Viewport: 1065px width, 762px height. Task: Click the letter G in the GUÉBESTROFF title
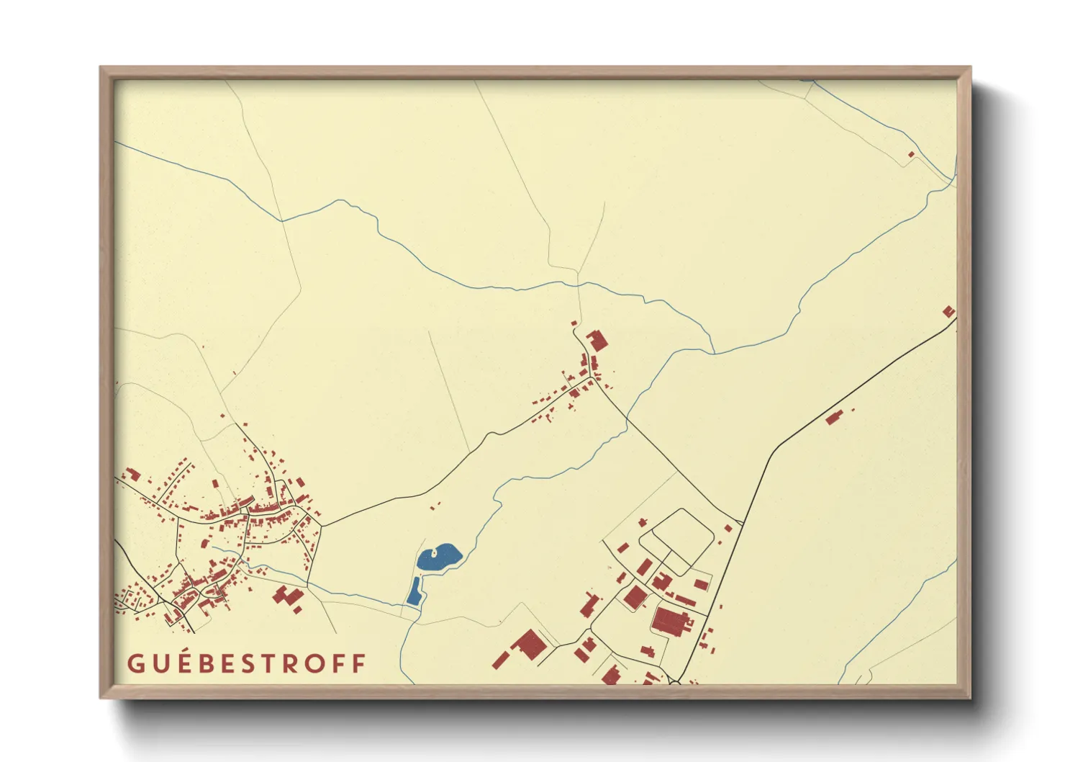point(135,663)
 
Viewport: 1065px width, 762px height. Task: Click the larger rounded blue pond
point(438,557)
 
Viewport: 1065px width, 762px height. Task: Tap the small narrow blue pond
point(414,591)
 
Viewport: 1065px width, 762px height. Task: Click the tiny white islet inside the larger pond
point(434,553)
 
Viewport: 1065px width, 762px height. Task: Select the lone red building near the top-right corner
point(911,154)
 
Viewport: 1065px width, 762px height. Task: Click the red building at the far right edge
point(948,312)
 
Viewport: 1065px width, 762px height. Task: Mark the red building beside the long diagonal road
point(834,417)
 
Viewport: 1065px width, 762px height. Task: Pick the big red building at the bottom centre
point(529,645)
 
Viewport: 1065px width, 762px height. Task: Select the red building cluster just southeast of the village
point(289,598)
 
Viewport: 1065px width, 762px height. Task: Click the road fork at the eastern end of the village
point(321,525)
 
